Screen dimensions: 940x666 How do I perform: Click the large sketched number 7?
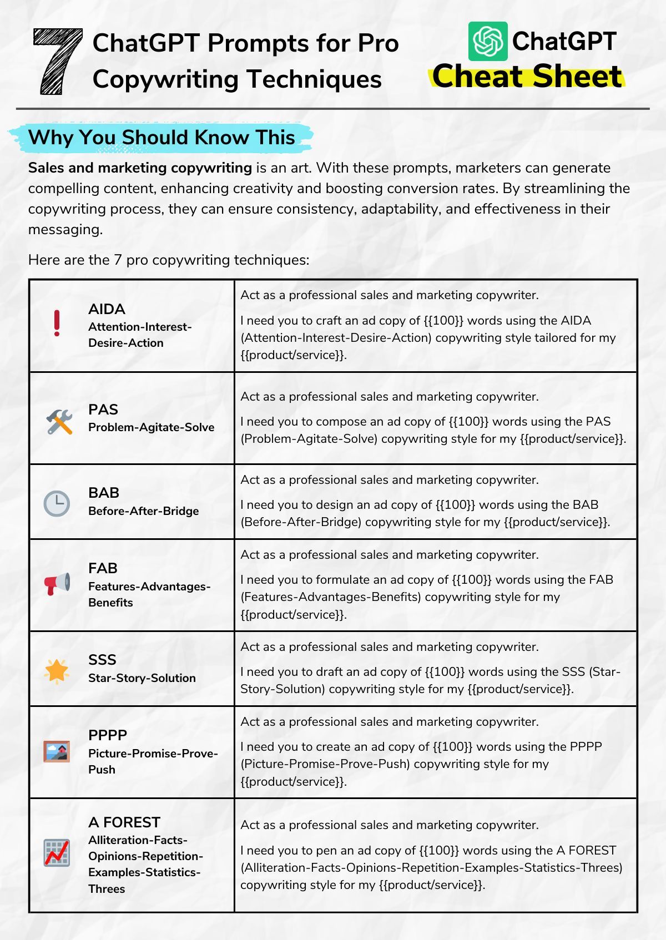click(57, 61)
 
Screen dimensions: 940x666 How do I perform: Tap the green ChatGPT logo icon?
click(487, 41)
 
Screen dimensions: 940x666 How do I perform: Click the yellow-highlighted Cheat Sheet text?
click(527, 76)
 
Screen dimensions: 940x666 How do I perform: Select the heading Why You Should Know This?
click(162, 137)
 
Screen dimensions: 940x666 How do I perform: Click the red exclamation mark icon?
click(57, 324)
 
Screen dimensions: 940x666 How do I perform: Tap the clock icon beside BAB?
click(57, 503)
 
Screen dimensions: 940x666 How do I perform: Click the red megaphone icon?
click(57, 584)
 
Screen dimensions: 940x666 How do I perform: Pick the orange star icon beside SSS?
click(57, 671)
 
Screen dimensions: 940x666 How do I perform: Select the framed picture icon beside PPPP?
click(57, 751)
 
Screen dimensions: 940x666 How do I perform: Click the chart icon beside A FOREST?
click(57, 852)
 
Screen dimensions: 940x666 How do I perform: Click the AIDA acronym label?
click(107, 309)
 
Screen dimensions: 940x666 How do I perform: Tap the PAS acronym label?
click(103, 410)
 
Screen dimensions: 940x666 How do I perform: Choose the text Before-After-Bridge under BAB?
click(143, 511)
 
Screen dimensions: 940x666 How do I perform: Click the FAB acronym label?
click(103, 568)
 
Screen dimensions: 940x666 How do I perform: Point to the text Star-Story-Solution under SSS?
click(142, 678)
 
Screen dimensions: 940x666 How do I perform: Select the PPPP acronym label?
click(108, 735)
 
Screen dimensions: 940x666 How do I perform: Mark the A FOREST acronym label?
click(124, 822)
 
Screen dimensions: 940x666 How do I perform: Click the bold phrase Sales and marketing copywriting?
click(140, 168)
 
